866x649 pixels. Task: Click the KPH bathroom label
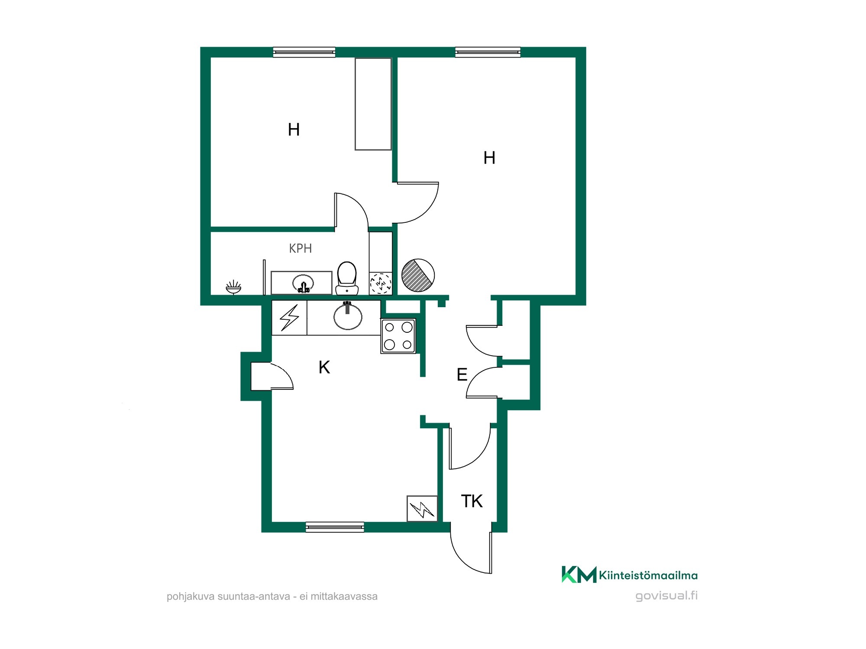300,248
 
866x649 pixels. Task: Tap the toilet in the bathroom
347,278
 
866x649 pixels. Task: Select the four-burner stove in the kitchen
398,336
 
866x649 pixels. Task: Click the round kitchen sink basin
348,316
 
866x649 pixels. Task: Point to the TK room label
472,501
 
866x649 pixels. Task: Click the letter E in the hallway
462,374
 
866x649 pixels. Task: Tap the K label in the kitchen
324,367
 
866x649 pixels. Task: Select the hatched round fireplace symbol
418,275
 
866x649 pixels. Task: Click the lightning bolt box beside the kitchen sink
289,318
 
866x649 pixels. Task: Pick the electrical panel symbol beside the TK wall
422,508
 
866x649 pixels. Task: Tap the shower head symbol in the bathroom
233,287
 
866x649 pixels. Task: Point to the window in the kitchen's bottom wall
335,527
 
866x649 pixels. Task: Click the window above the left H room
304,52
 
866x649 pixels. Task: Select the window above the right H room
488,52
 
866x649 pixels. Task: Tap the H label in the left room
294,129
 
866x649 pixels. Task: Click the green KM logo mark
579,575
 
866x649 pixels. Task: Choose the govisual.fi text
666,596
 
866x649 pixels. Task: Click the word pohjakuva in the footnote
191,597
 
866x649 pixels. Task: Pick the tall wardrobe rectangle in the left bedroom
373,104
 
